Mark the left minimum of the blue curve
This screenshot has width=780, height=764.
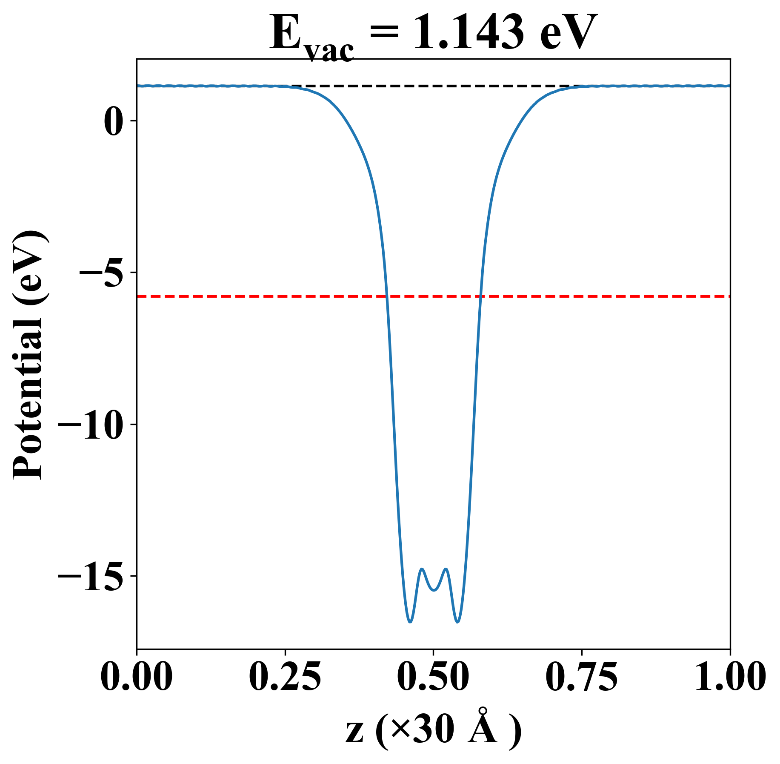click(x=410, y=622)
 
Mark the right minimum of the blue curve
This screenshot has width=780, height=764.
click(x=457, y=622)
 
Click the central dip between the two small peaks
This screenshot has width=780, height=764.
click(x=434, y=590)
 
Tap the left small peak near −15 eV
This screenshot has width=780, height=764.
click(x=422, y=569)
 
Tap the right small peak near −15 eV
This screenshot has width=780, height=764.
click(x=446, y=569)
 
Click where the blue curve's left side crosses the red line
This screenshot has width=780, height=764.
click(x=387, y=296)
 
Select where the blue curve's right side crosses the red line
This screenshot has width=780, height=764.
click(x=480, y=296)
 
